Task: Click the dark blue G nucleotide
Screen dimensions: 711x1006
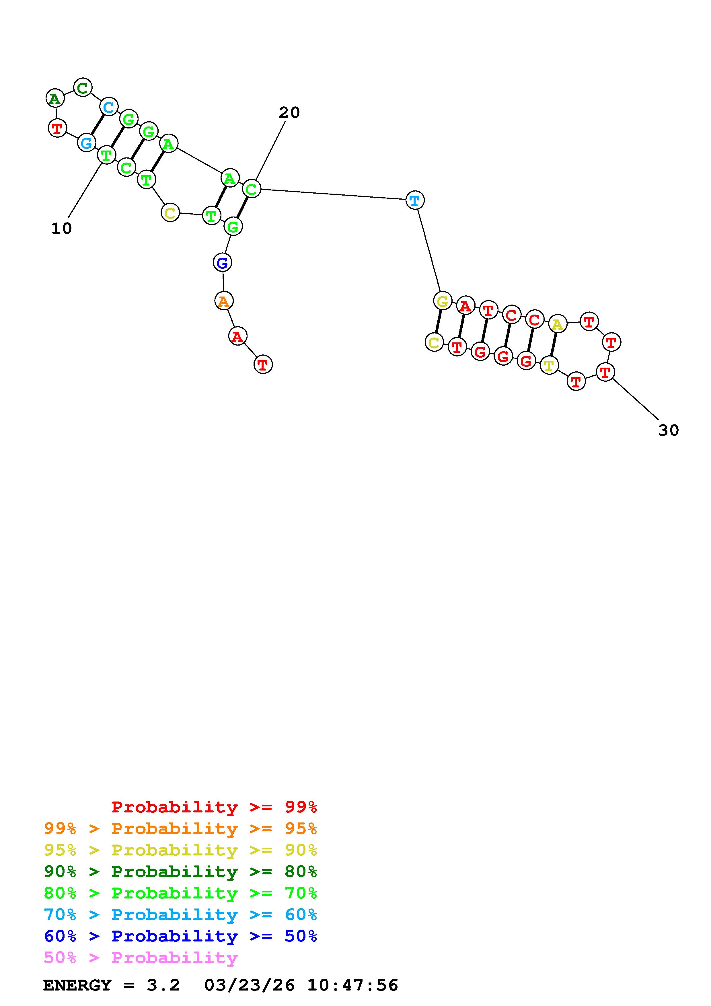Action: pyautogui.click(x=223, y=263)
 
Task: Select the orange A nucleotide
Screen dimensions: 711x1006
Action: pyautogui.click(x=224, y=301)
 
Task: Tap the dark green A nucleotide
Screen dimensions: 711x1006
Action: pyautogui.click(x=55, y=99)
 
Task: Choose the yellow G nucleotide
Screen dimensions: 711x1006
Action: pyautogui.click(x=443, y=301)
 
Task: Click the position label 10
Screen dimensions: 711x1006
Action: pyautogui.click(x=61, y=228)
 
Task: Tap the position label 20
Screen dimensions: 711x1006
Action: pyautogui.click(x=289, y=113)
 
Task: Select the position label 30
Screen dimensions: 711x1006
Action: pyautogui.click(x=669, y=430)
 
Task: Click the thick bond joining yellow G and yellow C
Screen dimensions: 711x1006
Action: pyautogui.click(x=438, y=321)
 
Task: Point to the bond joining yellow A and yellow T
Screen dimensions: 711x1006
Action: pyautogui.click(x=553, y=345)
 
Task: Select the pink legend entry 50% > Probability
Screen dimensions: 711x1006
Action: pyautogui.click(x=141, y=958)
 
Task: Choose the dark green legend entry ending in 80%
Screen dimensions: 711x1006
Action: pyautogui.click(x=180, y=872)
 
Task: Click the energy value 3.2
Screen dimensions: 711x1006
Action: pyautogui.click(x=163, y=985)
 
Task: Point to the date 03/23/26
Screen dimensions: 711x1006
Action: pyautogui.click(x=249, y=985)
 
